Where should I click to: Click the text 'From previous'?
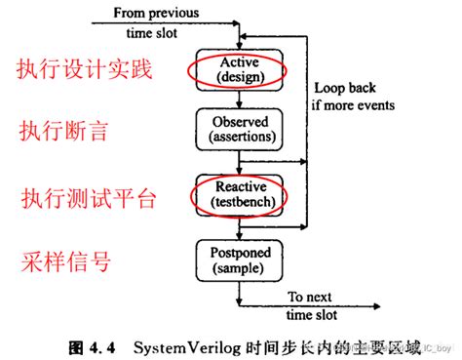coord(157,14)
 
